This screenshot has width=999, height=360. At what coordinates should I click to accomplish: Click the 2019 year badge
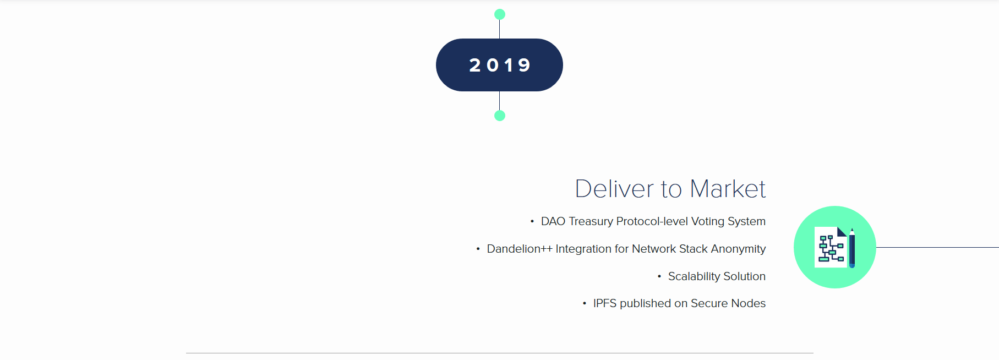(499, 65)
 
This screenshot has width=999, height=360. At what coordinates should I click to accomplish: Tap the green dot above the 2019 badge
(500, 14)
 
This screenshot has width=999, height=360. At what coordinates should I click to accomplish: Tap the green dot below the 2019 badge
(500, 116)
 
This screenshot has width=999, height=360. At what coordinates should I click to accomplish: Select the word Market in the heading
(728, 189)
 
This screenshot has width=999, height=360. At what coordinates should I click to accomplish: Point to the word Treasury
(591, 222)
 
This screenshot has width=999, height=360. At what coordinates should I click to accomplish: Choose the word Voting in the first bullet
(708, 222)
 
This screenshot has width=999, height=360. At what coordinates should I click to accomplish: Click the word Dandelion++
(520, 249)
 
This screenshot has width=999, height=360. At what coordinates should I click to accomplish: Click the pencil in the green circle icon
(852, 248)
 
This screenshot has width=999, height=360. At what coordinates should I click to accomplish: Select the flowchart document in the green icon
(831, 247)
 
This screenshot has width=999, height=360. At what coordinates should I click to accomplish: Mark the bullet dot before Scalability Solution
(659, 276)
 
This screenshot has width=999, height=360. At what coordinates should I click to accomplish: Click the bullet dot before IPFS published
(585, 303)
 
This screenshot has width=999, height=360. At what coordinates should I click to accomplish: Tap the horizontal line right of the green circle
(937, 247)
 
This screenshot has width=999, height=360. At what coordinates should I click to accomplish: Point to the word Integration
(583, 249)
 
